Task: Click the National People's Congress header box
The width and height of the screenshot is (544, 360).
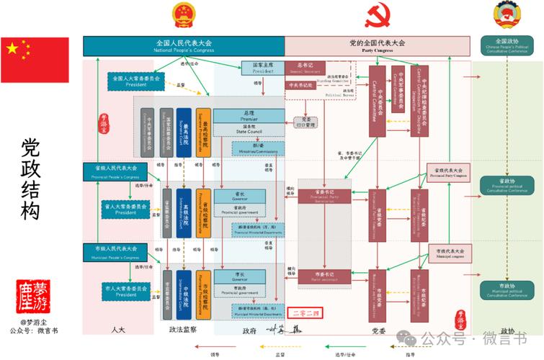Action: click(x=183, y=46)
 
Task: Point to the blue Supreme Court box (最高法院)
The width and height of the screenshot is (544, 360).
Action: click(x=184, y=132)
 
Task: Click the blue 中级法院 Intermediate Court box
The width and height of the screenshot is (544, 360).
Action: click(x=184, y=295)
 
